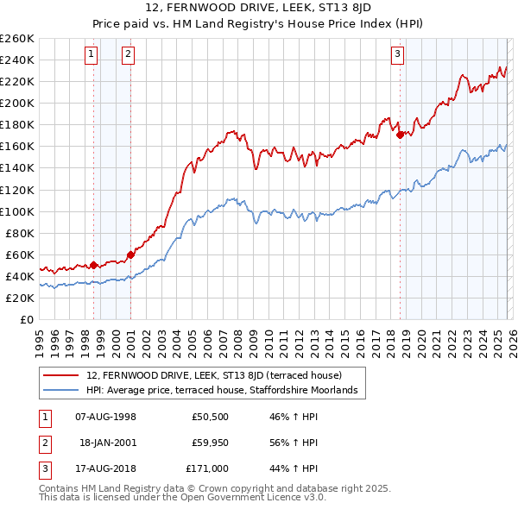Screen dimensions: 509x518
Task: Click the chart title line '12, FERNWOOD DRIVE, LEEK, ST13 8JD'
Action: [258, 9]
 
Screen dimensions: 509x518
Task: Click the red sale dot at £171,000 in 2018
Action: [400, 135]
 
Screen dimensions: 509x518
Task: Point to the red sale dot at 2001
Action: [130, 255]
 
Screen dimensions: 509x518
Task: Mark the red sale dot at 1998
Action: [93, 265]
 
